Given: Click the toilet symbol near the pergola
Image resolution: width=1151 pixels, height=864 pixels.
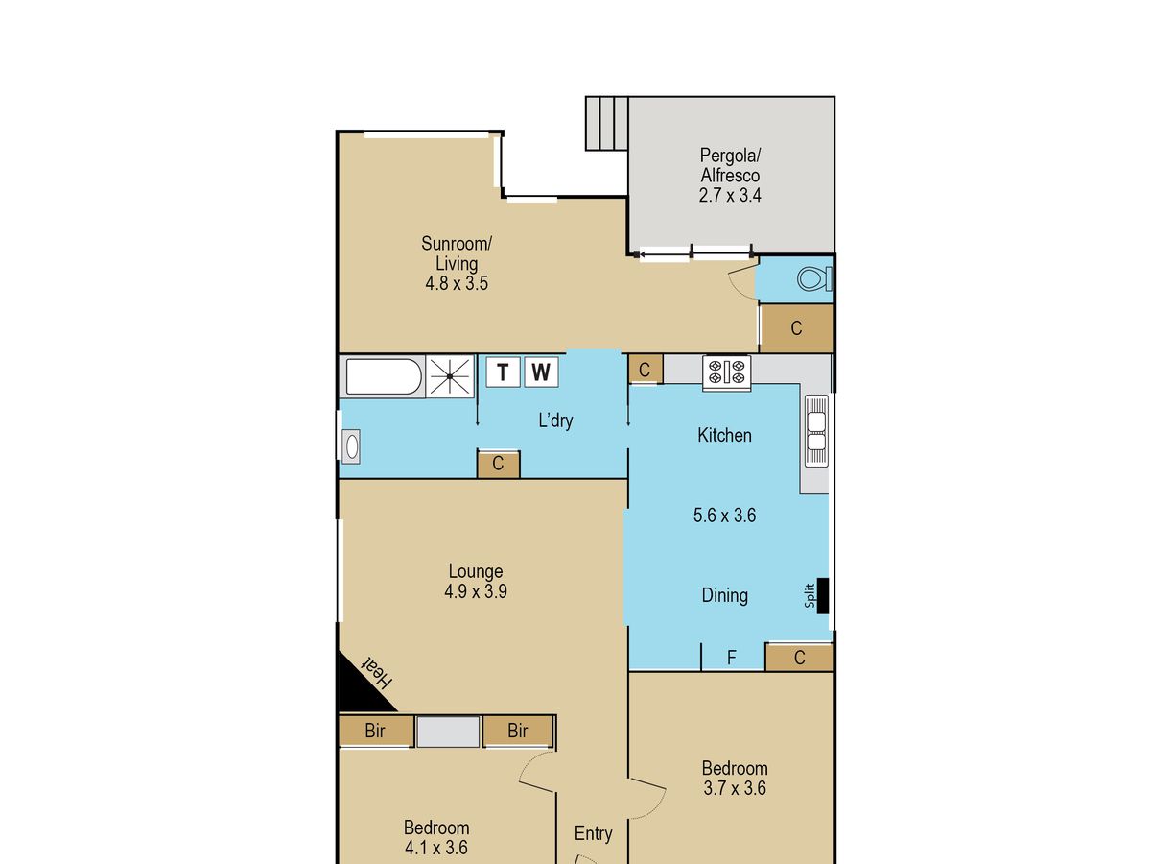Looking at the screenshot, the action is pos(814,278).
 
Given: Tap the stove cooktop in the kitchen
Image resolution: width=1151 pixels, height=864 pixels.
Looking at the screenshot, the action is pos(726,372).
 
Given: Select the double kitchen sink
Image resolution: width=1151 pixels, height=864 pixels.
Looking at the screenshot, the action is pos(816,430).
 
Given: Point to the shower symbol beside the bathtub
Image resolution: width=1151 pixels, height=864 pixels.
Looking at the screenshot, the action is pos(450,376).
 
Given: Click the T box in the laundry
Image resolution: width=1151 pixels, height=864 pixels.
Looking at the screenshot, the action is pos(503,372).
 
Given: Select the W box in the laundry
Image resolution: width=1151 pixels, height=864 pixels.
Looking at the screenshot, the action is pos(541,372).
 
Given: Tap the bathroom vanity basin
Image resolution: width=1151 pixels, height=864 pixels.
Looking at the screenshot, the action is pos(351,447).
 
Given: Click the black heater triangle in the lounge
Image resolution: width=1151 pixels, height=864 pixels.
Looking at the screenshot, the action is pos(360,683).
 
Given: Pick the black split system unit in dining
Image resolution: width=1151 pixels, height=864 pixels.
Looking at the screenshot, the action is pos(823,595).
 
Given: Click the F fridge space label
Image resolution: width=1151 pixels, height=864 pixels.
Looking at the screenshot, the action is pos(732,658).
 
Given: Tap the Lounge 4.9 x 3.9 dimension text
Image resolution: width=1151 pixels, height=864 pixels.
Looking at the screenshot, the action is pos(475,591).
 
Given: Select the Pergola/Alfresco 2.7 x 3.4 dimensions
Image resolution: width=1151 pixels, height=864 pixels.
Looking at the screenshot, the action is pos(729,195).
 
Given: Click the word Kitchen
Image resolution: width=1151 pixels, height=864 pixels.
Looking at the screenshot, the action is pos(724,435).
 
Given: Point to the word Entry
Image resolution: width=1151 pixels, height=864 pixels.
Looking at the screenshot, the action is pos(593,832).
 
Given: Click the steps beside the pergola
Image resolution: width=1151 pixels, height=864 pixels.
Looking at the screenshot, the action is pos(607,123).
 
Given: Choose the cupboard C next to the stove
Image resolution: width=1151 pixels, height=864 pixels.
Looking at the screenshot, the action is pos(645,370).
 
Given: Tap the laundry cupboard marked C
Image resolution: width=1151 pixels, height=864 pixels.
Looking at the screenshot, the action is pos(498,464).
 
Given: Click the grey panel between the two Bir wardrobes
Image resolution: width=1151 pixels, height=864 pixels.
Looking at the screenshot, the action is pos(448,732).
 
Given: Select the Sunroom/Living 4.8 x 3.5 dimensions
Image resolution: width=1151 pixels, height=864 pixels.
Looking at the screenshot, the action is pos(457,283).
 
